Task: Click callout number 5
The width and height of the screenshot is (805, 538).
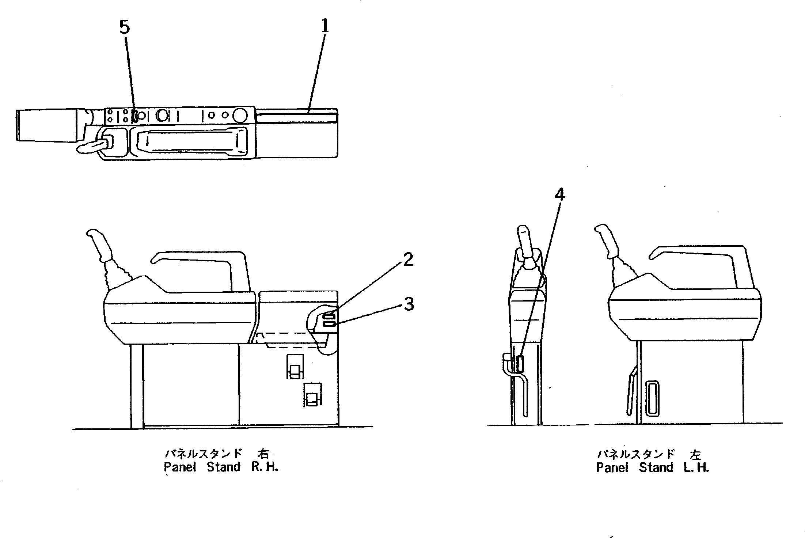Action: coord(125,27)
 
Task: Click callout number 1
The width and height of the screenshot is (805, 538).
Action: coord(324,26)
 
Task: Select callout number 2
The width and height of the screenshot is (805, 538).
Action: coord(408,259)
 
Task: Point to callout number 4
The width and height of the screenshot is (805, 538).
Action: coord(559,195)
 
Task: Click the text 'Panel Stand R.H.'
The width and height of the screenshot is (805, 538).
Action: coord(221,467)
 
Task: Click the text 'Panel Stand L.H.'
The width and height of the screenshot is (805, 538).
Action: coord(652,467)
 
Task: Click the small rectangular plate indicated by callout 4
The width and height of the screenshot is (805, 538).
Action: coord(521,364)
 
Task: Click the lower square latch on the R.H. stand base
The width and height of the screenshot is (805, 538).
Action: coord(313,395)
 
